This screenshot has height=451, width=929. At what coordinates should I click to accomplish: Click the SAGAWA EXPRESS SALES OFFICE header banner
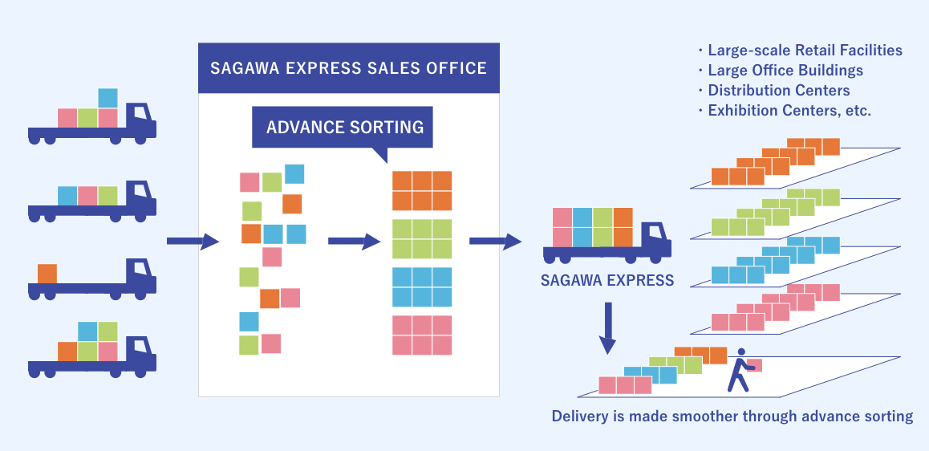click(348, 67)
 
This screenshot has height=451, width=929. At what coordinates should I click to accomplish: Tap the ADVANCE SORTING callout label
click(344, 127)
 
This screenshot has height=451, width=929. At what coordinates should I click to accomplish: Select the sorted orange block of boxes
click(422, 191)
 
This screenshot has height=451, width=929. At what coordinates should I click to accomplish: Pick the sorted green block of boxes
click(422, 239)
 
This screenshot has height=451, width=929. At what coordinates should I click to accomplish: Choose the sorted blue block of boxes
click(422, 286)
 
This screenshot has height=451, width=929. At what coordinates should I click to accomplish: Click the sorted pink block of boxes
click(422, 335)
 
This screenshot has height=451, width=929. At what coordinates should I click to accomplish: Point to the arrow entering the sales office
click(193, 241)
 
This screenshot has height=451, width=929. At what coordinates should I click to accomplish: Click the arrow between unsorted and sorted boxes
click(354, 241)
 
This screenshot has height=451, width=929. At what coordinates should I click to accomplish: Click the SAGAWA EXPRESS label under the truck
click(607, 281)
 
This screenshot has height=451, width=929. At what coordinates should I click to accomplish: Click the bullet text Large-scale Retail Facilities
click(805, 51)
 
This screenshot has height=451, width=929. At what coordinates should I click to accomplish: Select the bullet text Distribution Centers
click(778, 91)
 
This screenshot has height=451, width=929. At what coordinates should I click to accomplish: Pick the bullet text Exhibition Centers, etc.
click(789, 111)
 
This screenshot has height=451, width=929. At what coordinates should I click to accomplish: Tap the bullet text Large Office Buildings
click(785, 71)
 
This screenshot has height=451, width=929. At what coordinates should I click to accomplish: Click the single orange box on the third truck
click(47, 273)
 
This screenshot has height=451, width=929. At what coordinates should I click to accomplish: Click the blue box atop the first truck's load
click(108, 98)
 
